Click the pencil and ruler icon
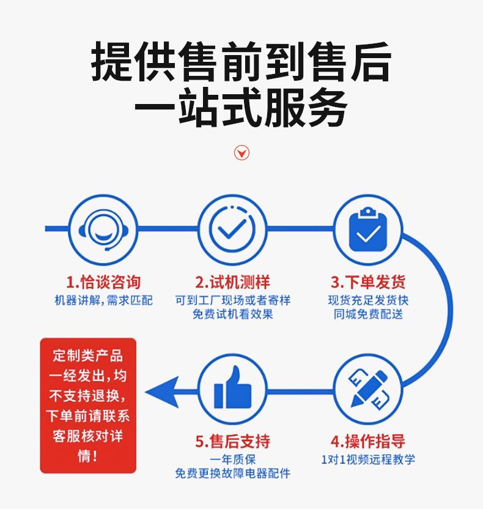368,388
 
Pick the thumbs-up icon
232,388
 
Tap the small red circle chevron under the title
242,152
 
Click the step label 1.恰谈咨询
103,282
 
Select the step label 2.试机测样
232,282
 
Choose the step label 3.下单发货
368,282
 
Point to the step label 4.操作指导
368,441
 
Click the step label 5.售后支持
232,441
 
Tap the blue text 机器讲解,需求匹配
103,300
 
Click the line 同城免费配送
368,314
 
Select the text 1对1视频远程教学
368,459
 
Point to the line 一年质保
232,459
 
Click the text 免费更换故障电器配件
232,474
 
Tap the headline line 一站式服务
241,108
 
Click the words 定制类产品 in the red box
88,355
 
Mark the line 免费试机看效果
232,314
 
